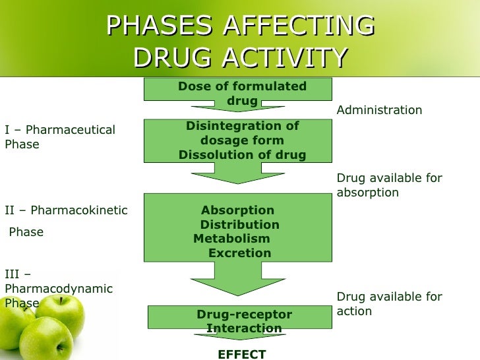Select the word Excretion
239,253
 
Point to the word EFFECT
241,354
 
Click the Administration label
379,110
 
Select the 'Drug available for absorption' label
389,185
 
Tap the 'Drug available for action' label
389,304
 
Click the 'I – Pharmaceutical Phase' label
59,136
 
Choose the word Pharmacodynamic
59,289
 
